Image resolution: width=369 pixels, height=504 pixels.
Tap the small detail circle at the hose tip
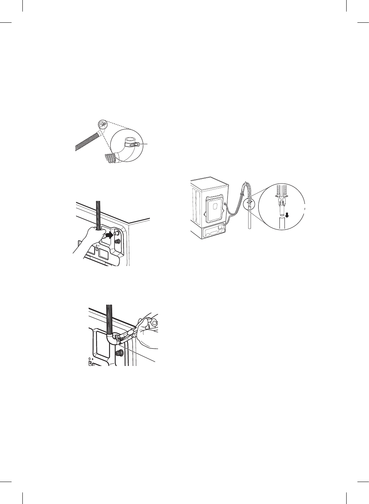(101, 124)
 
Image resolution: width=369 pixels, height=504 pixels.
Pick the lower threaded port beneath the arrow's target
(117, 241)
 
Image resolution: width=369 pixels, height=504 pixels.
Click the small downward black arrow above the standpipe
(287, 215)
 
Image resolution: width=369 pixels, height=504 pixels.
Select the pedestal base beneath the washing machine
(210, 233)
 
